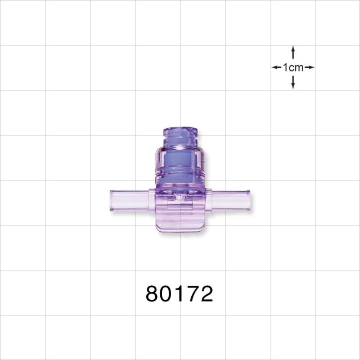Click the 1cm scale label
pyautogui.click(x=293, y=67)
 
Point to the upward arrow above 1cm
pyautogui.click(x=293, y=53)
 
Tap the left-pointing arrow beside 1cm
pyautogui.click(x=276, y=67)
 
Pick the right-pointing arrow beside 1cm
pyautogui.click(x=310, y=67)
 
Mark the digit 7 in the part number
pyautogui.click(x=193, y=294)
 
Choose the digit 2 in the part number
pyautogui.click(x=206, y=294)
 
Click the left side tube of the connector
pyautogui.click(x=129, y=200)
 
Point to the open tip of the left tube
pyautogui.click(x=111, y=200)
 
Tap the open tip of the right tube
pyautogui.click(x=249, y=200)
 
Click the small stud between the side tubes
pyautogui.click(x=180, y=196)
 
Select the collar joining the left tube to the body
pyautogui.click(x=151, y=200)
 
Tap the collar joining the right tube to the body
pyautogui.click(x=209, y=200)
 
